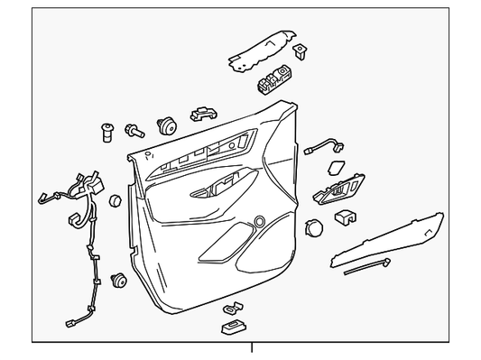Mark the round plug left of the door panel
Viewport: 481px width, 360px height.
click(115, 198)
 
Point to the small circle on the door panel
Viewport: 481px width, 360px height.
click(261, 221)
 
